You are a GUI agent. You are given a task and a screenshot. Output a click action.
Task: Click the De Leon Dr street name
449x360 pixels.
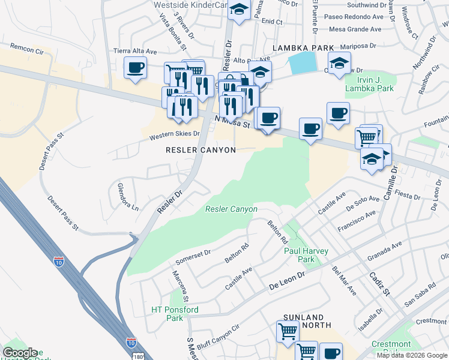tap(288, 278)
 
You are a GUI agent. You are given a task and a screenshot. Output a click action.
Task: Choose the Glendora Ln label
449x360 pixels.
tap(127, 197)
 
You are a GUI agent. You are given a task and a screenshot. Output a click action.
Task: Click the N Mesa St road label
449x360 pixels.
tap(232, 122)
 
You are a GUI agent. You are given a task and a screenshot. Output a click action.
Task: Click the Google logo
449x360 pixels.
tap(20, 353)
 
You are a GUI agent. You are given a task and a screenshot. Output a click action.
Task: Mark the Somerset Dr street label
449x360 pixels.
tap(193, 257)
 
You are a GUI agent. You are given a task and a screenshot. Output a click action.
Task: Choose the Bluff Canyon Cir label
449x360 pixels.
tap(218, 334)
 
